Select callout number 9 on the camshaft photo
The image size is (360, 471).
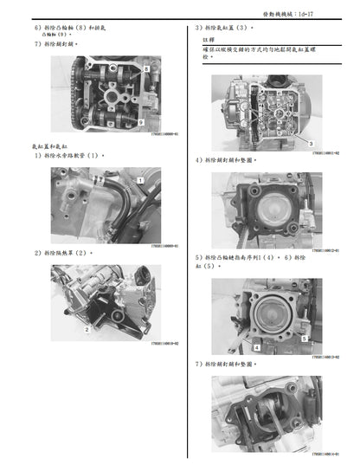coord(141,124)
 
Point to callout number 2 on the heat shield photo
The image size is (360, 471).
coord(87,330)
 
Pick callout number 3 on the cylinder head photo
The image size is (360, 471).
coord(309,142)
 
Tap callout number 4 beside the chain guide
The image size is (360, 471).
coord(256,345)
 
